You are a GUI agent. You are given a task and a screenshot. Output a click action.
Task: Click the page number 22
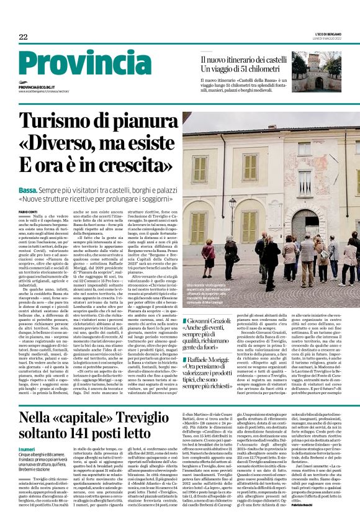tap(23, 38)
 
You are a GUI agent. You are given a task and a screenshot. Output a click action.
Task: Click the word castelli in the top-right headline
tap(299, 60)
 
